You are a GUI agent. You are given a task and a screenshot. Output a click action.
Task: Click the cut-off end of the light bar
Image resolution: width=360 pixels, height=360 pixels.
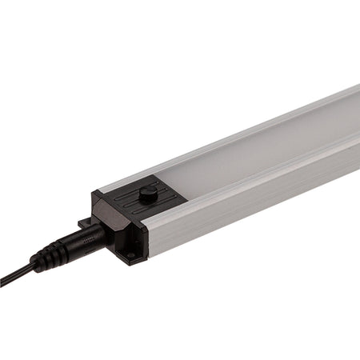point(357,120)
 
